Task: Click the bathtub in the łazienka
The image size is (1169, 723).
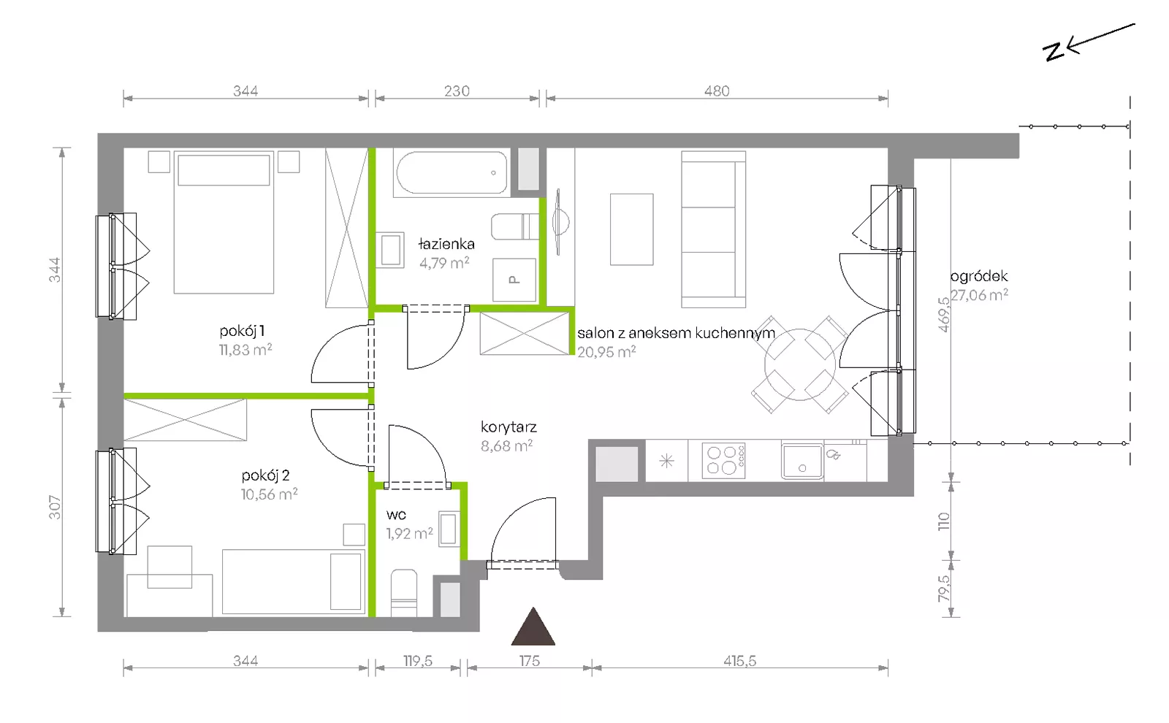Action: tap(452, 174)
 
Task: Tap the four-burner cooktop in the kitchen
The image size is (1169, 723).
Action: tap(723, 461)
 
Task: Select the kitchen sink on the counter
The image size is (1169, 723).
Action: tap(802, 461)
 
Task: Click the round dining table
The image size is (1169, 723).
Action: tap(799, 364)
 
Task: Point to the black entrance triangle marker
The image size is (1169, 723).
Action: tap(533, 627)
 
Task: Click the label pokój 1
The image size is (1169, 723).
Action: tap(242, 331)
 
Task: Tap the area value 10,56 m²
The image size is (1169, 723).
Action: tap(270, 494)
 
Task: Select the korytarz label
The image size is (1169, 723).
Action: tap(509, 427)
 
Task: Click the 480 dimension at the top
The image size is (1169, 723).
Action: tap(717, 91)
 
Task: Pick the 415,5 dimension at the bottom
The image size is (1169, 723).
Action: tap(739, 661)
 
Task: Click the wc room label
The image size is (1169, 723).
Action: tap(396, 515)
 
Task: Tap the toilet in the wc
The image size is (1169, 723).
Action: tap(404, 593)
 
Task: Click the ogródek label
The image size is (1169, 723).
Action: tap(979, 276)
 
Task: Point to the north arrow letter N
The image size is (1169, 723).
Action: tap(1054, 52)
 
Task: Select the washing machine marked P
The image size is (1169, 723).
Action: tap(514, 280)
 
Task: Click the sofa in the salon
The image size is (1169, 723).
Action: tap(713, 229)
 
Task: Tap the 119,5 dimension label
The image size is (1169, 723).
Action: tap(418, 661)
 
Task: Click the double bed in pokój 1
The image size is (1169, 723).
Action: tap(224, 222)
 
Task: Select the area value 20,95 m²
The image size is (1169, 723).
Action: tap(606, 351)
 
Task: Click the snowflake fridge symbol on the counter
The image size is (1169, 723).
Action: tap(666, 461)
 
